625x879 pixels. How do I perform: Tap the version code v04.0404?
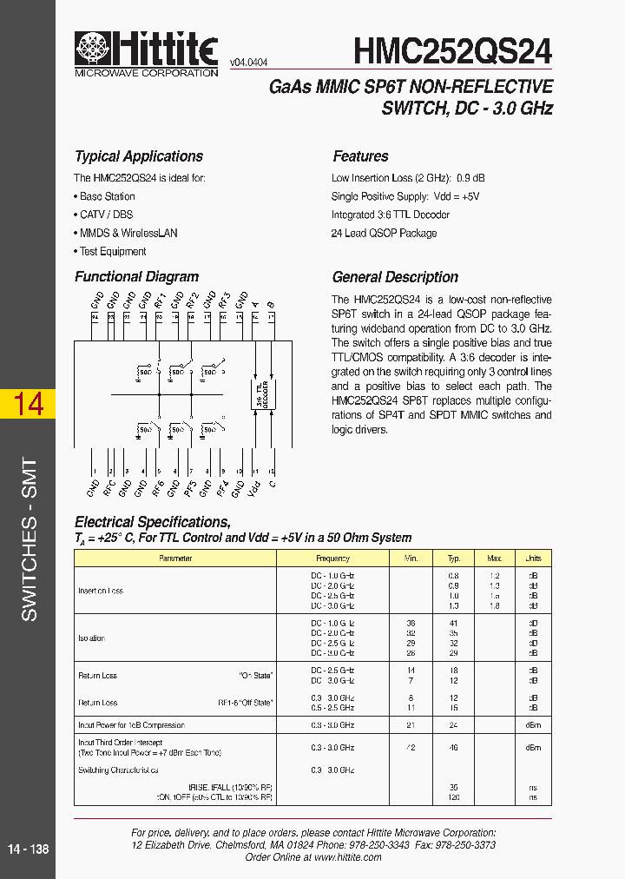coord(248,63)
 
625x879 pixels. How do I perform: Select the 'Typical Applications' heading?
coord(139,156)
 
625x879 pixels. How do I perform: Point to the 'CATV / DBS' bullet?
coord(106,215)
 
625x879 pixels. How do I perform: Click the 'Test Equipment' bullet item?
coord(113,252)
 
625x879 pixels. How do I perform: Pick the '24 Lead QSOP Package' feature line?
coord(384,234)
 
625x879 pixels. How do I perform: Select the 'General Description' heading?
coord(395,278)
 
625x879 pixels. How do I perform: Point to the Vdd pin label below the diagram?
coord(255,489)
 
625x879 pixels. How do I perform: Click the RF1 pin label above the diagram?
coord(159,301)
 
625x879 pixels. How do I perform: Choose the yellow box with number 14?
coord(28,404)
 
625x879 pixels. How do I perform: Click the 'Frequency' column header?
coord(332,558)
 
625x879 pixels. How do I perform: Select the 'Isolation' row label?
coord(92,638)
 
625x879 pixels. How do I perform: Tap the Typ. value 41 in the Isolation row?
coord(453,624)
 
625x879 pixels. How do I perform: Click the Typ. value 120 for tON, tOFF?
coord(453,796)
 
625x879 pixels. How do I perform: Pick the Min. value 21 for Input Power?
coord(411,724)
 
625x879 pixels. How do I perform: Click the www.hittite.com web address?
coord(347,857)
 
